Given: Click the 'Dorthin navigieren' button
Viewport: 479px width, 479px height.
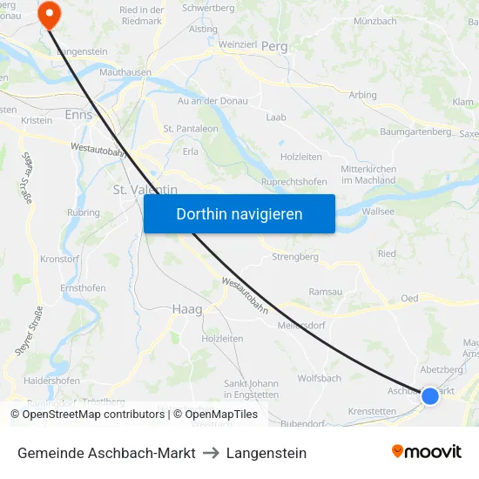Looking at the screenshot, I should (239, 213).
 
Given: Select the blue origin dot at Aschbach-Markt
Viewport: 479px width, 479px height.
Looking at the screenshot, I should (429, 396).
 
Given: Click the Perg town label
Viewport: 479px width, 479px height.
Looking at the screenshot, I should (274, 45).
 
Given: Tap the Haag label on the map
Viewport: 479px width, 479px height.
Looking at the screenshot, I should (187, 308).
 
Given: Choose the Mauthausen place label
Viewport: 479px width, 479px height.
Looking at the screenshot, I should (125, 73).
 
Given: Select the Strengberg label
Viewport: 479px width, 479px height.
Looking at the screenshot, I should (295, 257).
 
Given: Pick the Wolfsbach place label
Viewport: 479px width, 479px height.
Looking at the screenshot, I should (320, 378).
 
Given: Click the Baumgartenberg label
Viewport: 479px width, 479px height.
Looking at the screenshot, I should (415, 132).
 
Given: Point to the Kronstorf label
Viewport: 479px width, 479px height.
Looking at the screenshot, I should (60, 260).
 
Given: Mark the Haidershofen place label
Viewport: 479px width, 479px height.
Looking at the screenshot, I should (52, 381).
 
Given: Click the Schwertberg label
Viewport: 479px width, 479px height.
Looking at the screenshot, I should (209, 7).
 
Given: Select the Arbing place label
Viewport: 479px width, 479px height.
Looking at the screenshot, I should (362, 95).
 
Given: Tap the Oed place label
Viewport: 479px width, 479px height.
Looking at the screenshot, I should (409, 298).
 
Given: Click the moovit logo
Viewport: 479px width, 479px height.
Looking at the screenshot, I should (427, 451).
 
